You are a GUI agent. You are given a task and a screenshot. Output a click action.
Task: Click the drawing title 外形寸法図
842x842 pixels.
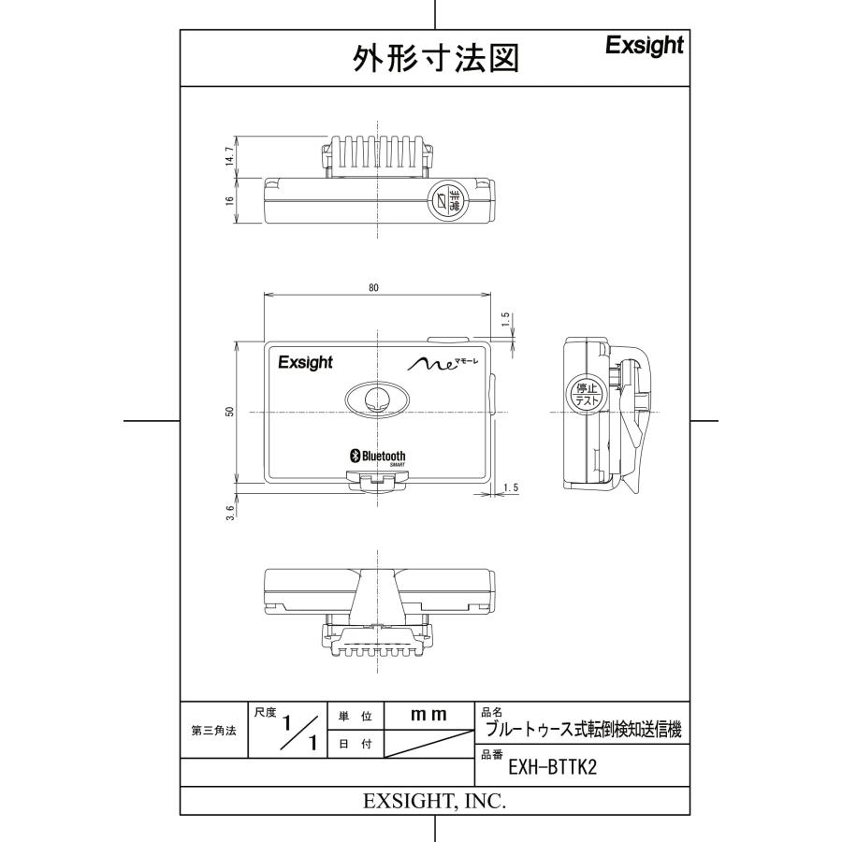click(x=435, y=58)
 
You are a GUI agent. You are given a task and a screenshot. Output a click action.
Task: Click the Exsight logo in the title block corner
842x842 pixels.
click(x=645, y=46)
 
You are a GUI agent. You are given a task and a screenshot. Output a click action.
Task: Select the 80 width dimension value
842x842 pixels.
click(x=373, y=288)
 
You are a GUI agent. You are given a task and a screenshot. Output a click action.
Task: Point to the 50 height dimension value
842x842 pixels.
click(x=230, y=412)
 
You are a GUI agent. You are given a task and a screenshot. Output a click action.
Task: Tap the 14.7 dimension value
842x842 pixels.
click(x=230, y=155)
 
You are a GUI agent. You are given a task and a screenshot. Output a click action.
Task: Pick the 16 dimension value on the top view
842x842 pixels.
click(x=230, y=201)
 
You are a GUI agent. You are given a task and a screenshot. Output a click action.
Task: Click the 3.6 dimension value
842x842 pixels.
click(x=230, y=513)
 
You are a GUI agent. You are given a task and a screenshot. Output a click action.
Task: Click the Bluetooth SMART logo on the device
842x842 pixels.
click(x=378, y=457)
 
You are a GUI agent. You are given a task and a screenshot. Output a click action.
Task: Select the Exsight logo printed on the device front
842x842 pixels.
click(x=306, y=363)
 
